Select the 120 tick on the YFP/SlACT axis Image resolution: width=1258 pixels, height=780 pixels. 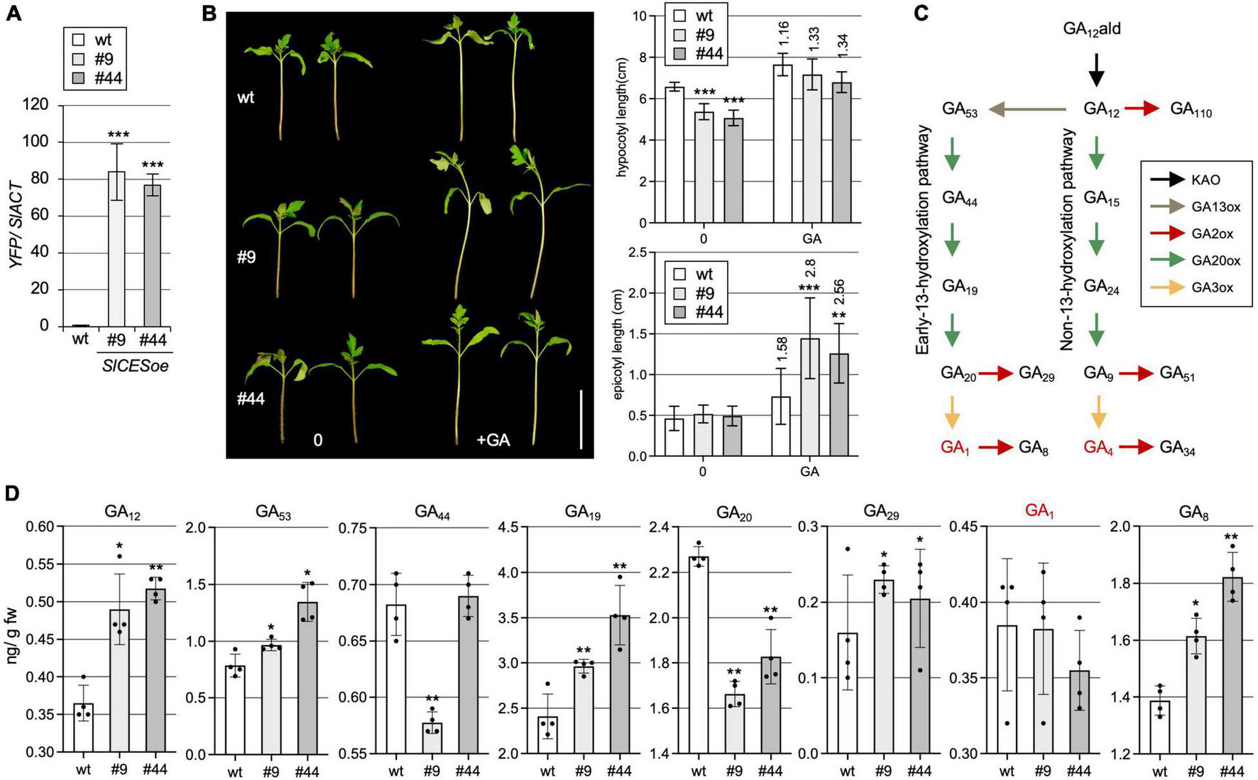[x=36, y=105]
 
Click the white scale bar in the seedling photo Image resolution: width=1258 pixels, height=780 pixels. [x=581, y=419]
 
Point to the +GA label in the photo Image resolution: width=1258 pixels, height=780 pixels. [x=493, y=440]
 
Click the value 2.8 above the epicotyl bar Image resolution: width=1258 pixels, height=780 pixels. [x=811, y=268]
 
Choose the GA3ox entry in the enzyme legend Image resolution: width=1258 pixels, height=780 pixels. [x=1211, y=288]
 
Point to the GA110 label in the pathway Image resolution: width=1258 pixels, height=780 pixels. [x=1191, y=110]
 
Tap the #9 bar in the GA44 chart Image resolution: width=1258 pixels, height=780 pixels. [x=432, y=738]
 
